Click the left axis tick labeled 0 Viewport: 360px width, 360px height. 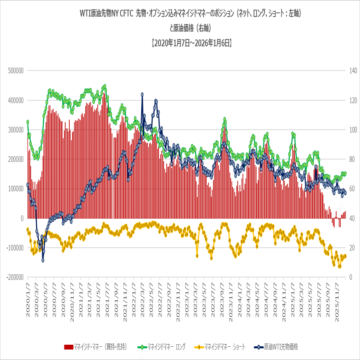[x=23, y=218]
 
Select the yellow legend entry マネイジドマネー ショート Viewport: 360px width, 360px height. [x=220, y=346]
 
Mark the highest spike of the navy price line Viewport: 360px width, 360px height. [x=143, y=95]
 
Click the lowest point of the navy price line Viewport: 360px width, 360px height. [x=43, y=260]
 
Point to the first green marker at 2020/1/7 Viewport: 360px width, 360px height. [x=28, y=122]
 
